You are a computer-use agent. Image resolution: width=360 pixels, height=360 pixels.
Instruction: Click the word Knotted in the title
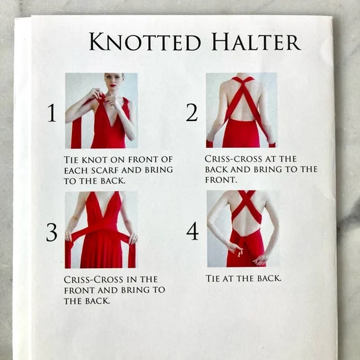(145, 42)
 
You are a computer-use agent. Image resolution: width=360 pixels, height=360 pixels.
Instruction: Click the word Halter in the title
(256, 42)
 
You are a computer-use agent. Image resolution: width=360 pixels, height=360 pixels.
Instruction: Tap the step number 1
(52, 113)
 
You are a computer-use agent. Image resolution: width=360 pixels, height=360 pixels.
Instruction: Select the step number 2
(192, 112)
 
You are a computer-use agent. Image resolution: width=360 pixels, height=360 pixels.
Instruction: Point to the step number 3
(52, 232)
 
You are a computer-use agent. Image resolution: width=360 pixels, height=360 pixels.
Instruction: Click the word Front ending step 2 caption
(220, 180)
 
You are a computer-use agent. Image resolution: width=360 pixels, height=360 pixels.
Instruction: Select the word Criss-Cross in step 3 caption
(94, 279)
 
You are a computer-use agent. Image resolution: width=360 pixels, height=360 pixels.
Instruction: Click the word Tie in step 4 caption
(212, 278)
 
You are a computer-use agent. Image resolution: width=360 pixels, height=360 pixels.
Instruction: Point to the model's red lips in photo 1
(112, 86)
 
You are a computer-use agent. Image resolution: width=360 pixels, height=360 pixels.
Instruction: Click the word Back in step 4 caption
(269, 278)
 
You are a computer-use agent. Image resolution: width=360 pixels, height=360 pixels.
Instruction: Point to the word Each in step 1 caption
(76, 170)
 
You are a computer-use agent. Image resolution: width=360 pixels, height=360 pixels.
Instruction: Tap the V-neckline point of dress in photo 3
(104, 220)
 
